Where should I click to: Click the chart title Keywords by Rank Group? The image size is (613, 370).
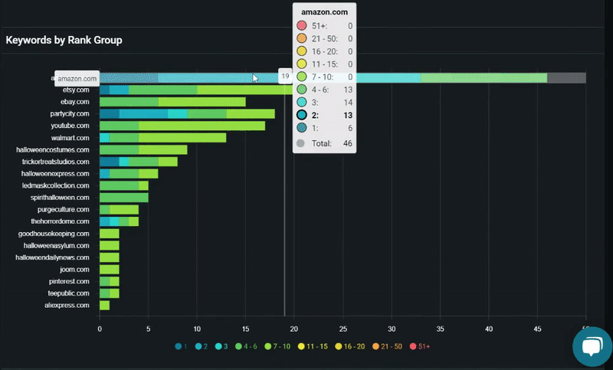pos(64,40)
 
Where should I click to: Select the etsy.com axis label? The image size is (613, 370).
pos(77,90)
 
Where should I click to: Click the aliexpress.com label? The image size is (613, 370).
pos(67,306)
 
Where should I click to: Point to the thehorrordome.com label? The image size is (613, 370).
pos(61,221)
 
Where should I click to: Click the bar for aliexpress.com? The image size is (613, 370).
pos(104,306)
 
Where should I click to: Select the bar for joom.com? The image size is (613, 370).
pos(109,270)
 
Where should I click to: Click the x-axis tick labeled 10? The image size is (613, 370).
pos(197,329)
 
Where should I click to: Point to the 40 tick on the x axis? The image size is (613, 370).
pos(489,329)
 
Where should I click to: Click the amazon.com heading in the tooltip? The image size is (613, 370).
pos(324,12)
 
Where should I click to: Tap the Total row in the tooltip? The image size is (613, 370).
pos(325,143)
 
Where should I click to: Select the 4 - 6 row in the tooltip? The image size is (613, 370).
pos(325,90)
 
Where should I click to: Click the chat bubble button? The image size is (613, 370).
pos(592,348)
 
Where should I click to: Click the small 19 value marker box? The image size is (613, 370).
pos(285,77)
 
